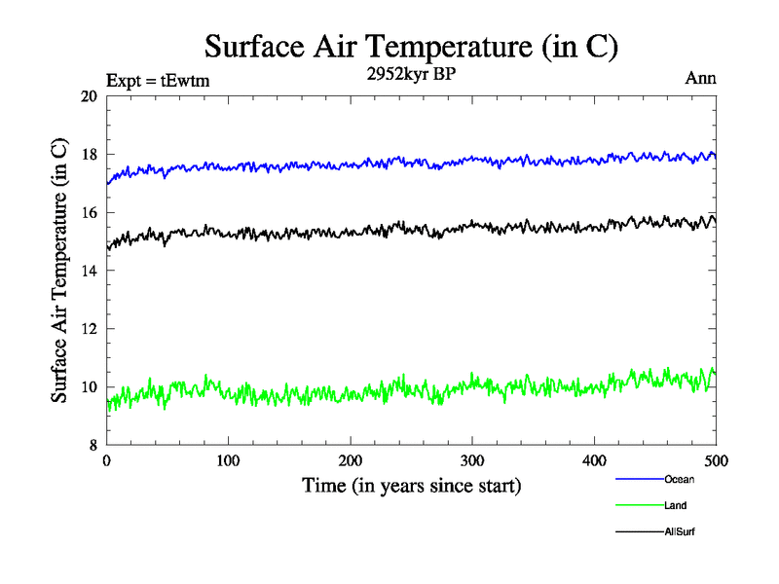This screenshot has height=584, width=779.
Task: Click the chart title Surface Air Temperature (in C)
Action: click(411, 46)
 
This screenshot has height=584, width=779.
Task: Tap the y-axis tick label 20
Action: click(89, 96)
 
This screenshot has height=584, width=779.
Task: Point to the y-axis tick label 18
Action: click(89, 155)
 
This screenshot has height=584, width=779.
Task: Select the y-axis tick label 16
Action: click(89, 212)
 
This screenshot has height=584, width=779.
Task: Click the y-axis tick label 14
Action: click(89, 271)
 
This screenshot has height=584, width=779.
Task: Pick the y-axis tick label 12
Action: click(89, 329)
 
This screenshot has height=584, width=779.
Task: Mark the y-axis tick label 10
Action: click(89, 387)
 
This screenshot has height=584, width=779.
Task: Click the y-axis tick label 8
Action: click(93, 445)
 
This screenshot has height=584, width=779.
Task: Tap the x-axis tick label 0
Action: click(107, 460)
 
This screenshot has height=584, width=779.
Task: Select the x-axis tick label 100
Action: click(229, 460)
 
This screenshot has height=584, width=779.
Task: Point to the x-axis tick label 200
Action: click(351, 460)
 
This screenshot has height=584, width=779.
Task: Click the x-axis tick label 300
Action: click(472, 460)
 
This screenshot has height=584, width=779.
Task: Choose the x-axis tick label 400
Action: click(594, 460)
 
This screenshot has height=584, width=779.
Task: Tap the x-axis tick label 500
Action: click(716, 460)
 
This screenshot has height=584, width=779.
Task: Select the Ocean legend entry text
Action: click(679, 479)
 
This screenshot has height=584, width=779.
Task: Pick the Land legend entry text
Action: click(676, 505)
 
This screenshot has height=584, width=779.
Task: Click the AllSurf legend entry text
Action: click(680, 531)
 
